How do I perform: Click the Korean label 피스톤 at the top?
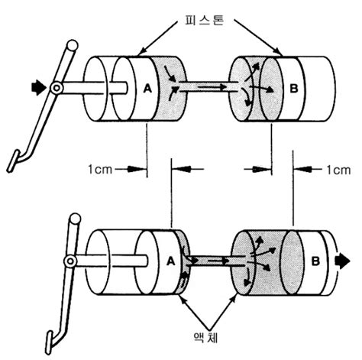pos(205,21)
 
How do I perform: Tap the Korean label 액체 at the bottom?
pos(205,338)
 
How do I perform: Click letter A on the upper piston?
pos(147,89)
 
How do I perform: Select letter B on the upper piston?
pos(294,89)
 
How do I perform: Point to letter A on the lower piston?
pos(171,261)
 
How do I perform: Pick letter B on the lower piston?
pos(315,261)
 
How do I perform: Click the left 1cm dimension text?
pos(100,169)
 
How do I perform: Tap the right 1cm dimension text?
pos(338,170)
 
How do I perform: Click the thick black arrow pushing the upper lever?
pos(38,88)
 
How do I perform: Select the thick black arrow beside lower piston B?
pos(342,261)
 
